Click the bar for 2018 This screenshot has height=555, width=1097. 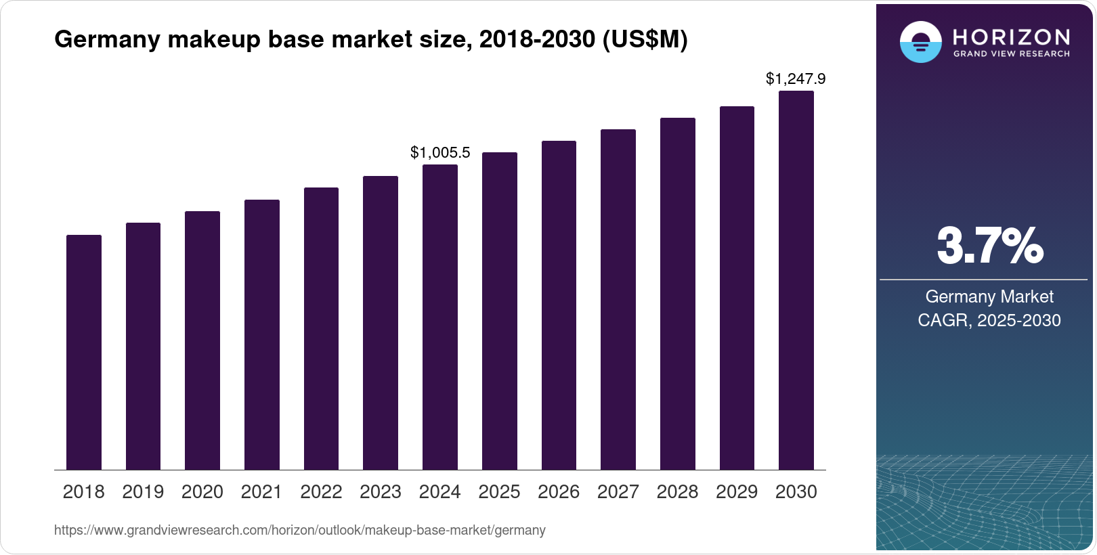point(84,352)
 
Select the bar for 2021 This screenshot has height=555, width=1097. point(261,334)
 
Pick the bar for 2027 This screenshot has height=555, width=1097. point(618,299)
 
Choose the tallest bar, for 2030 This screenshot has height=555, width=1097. point(796,280)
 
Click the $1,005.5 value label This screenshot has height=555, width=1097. point(440,153)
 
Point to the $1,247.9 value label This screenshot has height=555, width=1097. point(796,79)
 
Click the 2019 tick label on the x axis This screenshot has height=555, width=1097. point(143,492)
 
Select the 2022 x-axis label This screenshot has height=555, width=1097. point(321,492)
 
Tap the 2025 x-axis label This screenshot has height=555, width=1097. point(499,492)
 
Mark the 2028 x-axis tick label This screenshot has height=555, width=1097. point(677,492)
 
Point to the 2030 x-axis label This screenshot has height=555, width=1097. point(796,492)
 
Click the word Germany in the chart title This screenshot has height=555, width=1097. point(108,40)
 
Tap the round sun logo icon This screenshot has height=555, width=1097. point(920,42)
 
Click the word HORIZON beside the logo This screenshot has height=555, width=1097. point(1011,37)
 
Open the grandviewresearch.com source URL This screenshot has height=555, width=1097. point(299,531)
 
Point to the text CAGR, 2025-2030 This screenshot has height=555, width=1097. point(989,320)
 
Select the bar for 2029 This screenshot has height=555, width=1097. point(737,288)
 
